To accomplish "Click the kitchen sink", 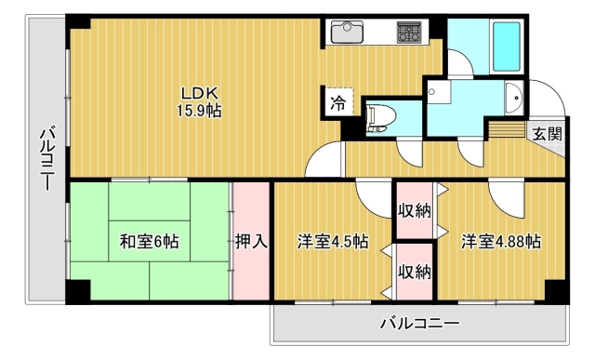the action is [x=347, y=32].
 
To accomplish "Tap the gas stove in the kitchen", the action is [x=409, y=32].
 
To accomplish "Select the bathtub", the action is [x=507, y=47].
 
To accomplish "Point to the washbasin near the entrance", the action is [x=514, y=98].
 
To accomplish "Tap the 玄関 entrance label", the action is [x=547, y=133].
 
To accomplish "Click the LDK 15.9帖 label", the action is [x=199, y=101].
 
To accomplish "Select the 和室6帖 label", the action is [x=149, y=241].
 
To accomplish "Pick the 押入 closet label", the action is [x=251, y=241].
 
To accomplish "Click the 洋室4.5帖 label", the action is [x=333, y=241].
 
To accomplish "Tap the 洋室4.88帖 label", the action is [x=501, y=241].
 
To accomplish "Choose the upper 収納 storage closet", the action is [x=415, y=211].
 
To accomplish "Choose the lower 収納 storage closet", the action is [x=415, y=272].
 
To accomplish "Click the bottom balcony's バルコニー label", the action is [x=420, y=324].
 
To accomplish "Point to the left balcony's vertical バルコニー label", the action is [x=47, y=159].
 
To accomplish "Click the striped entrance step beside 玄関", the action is [x=508, y=129].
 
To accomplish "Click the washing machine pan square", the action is [x=439, y=91].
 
